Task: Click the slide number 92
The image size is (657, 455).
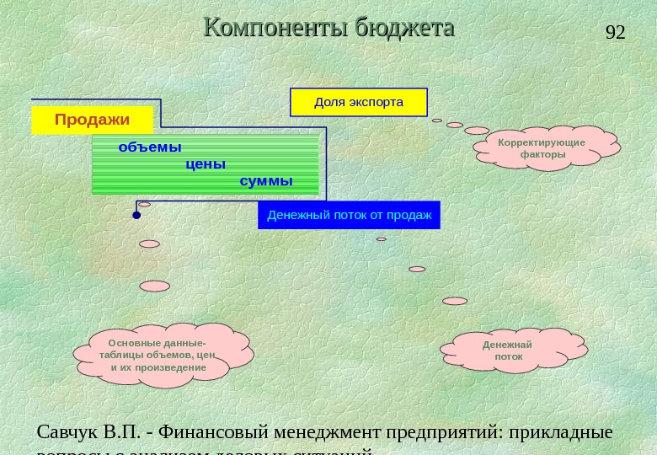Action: click(x=616, y=33)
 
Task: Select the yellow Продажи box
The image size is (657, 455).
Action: click(x=93, y=120)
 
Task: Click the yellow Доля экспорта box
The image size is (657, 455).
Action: click(x=359, y=102)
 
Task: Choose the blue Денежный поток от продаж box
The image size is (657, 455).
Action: click(x=349, y=215)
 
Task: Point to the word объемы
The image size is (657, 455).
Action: click(x=150, y=147)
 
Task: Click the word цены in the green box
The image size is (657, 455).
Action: click(x=206, y=164)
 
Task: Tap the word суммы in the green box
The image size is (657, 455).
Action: click(x=266, y=181)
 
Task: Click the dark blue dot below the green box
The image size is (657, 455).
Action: click(x=136, y=216)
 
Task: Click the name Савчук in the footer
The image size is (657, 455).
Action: click(x=67, y=432)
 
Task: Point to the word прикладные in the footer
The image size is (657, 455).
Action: click(x=559, y=432)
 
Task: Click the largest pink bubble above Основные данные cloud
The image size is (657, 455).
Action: click(x=155, y=286)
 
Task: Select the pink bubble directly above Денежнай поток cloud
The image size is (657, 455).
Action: click(x=455, y=301)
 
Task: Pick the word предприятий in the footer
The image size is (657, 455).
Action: click(x=442, y=432)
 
